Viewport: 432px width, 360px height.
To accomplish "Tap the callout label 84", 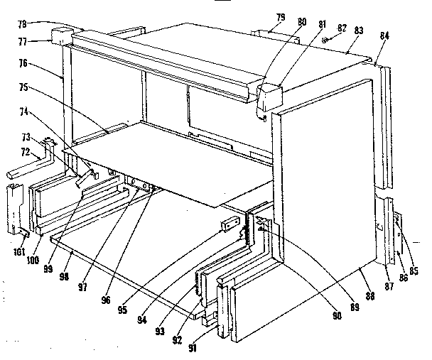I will coord(384,38).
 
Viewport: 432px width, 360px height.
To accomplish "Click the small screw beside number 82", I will coord(326,40).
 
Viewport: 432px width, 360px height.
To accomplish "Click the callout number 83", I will coord(360,31).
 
